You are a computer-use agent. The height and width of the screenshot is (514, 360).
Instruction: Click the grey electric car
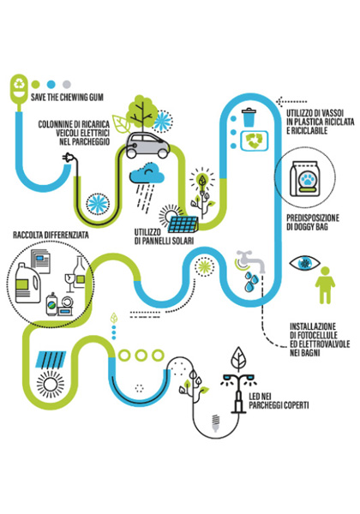pos(148,145)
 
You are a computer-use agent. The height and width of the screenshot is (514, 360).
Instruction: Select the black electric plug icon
pos(69,157)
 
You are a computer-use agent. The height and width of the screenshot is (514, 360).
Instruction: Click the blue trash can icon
pos(249,117)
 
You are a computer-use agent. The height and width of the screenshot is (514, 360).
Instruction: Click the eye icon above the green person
pos(304,263)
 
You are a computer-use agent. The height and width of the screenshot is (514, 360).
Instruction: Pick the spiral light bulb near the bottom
pos(215,422)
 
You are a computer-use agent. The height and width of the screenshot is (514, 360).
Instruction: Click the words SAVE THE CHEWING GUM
pos(67,98)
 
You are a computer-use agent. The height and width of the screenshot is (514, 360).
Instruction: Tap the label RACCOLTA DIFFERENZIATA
pos(51,235)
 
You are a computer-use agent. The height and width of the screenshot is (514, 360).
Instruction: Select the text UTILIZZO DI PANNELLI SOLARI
pos(164,236)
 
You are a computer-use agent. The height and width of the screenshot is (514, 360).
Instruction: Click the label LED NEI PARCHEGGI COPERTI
pos(279,401)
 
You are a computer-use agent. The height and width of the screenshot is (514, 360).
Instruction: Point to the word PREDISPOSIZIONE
pos(313,218)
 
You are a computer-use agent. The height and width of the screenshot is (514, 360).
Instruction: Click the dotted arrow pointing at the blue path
pos(291,102)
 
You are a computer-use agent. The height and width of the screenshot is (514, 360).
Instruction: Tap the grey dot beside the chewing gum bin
pos(67,84)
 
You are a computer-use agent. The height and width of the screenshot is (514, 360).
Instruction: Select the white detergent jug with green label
pos(27,283)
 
